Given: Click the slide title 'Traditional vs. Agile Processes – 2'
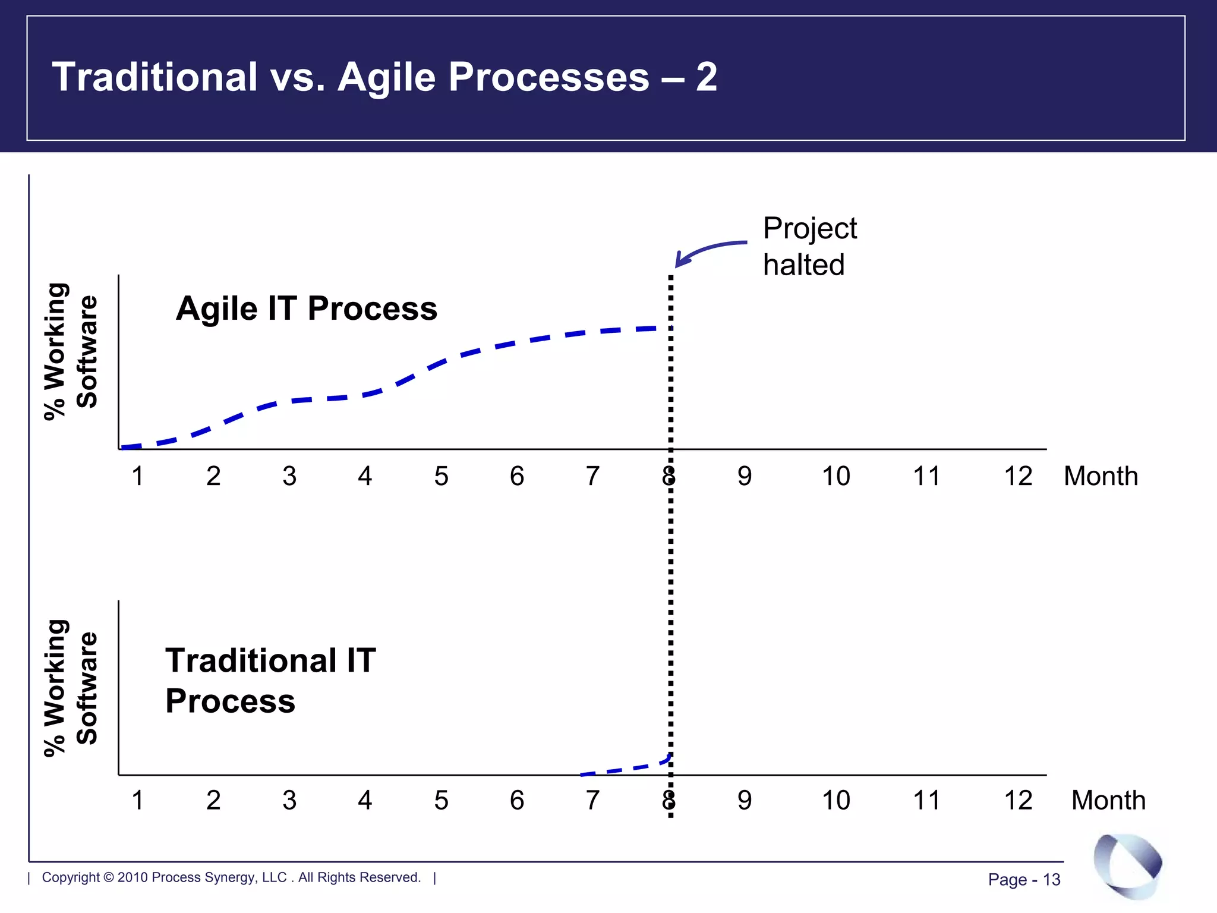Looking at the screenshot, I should (384, 77).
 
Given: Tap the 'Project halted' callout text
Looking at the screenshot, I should (809, 246).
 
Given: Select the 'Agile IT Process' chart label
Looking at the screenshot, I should (307, 308).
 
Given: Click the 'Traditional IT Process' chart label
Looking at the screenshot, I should (270, 681).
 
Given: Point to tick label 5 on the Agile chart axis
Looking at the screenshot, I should (441, 476).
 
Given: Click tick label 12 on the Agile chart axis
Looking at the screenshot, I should (1018, 476).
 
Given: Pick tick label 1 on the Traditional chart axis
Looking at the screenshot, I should (137, 800).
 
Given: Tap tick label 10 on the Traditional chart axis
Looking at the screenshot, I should (835, 800).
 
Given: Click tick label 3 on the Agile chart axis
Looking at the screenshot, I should (289, 476).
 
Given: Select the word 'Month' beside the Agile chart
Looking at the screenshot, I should (1101, 476).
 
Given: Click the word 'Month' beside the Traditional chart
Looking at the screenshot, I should (1108, 800).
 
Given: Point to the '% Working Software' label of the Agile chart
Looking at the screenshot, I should (71, 351).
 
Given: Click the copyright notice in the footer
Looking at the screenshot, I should (231, 877).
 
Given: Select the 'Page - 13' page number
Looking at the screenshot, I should (1024, 880).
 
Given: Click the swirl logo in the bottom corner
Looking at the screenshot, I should (1127, 865).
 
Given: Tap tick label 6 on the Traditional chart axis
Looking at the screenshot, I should (517, 800).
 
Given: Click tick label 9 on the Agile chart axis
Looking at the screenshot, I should (745, 476).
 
